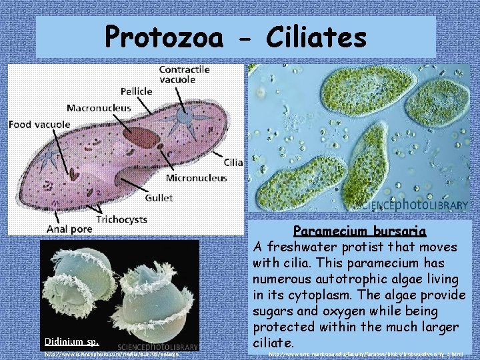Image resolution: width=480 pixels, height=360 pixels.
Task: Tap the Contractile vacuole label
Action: pyautogui.click(x=184, y=74)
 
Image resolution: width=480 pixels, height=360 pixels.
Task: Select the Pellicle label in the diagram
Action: pyautogui.click(x=136, y=91)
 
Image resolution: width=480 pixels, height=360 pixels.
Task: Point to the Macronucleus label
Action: pyautogui.click(x=99, y=107)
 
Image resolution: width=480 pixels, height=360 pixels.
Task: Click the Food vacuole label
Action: pyautogui.click(x=39, y=123)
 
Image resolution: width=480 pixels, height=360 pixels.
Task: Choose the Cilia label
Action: pyautogui.click(x=233, y=162)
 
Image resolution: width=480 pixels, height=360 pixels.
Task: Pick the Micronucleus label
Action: pyautogui.click(x=196, y=178)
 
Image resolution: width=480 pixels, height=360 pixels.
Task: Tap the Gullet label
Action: pyautogui.click(x=159, y=197)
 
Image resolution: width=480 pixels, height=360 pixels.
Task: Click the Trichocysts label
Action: pyautogui.click(x=122, y=219)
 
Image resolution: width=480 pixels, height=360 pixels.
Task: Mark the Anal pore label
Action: pyautogui.click(x=69, y=229)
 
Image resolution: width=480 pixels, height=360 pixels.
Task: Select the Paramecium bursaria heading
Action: pyautogui.click(x=360, y=231)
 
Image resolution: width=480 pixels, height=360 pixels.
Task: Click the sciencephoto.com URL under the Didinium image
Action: pyautogui.click(x=112, y=355)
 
